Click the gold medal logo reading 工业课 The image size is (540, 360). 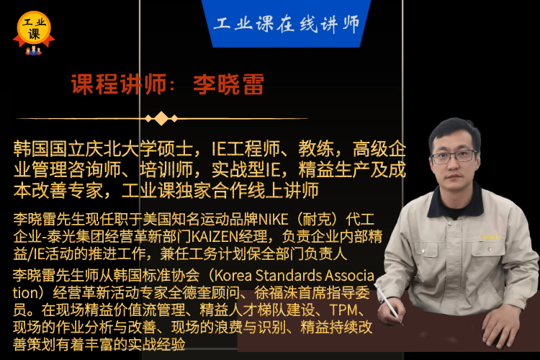34,30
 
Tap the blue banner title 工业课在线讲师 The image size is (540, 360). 287,24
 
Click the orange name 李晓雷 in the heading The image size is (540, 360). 229,84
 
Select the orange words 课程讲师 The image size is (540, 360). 119,84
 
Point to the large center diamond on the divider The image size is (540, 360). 161,119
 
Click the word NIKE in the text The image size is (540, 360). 274,220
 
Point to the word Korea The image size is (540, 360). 233,276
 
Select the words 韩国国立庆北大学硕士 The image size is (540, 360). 103,149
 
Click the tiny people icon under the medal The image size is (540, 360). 33,51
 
